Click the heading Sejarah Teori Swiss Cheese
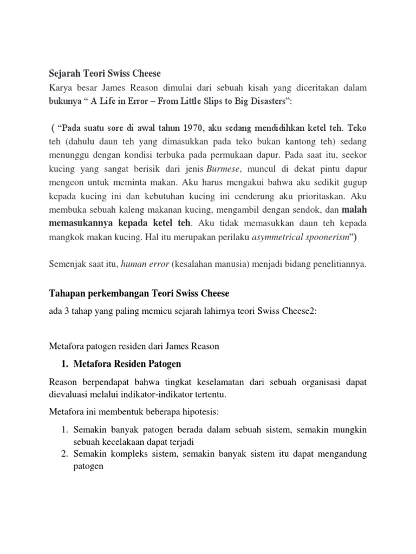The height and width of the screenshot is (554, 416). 106,74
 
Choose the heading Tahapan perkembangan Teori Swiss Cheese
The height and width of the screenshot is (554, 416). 139,293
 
